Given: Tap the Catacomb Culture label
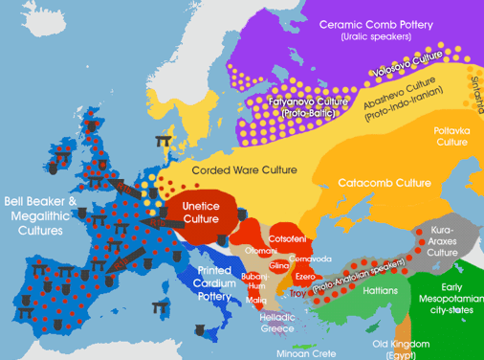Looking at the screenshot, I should click(411, 182).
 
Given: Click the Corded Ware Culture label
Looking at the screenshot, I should click(271, 169).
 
